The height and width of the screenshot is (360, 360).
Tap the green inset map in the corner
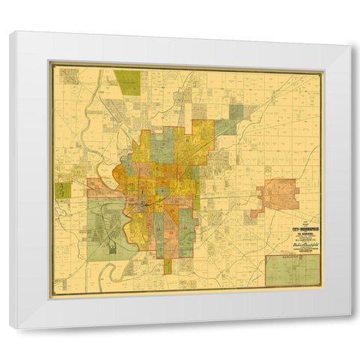(x=292, y=271)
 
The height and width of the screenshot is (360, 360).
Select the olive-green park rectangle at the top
(x=127, y=82)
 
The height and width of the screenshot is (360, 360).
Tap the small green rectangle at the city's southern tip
(x=168, y=266)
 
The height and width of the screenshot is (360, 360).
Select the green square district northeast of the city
(x=236, y=114)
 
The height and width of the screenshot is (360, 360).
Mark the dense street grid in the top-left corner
(x=70, y=76)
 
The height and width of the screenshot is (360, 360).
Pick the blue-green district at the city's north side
(x=161, y=146)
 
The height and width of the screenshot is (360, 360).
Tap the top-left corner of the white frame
(x=11, y=32)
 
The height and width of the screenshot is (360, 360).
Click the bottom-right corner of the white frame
(x=349, y=327)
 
